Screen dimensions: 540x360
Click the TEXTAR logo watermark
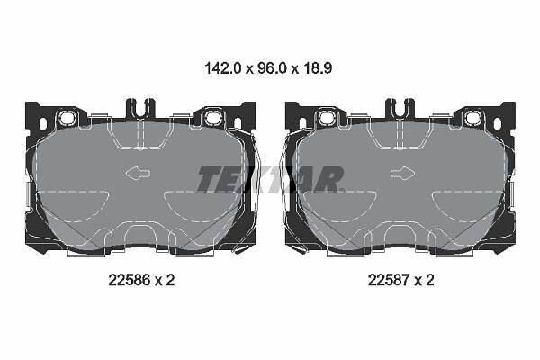tap(270, 179)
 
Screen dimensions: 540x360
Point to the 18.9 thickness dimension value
tap(318, 68)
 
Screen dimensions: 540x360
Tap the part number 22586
tap(130, 280)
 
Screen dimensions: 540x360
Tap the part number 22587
tap(389, 280)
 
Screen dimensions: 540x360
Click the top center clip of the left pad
tap(140, 108)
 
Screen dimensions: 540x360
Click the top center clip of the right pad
tap(400, 108)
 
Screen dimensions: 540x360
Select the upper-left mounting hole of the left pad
tap(66, 118)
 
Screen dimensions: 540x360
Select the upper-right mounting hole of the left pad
tap(212, 118)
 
